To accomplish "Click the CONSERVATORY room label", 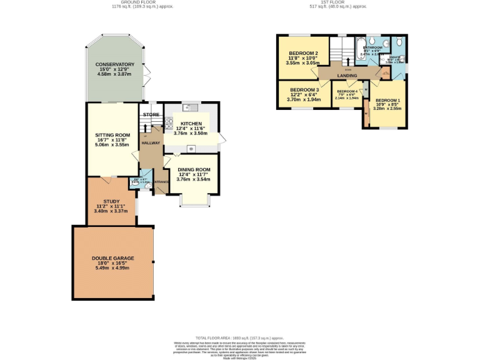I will pyautogui.click(x=115, y=64).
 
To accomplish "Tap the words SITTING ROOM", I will pyautogui.click(x=112, y=135).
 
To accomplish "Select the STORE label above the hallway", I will pyautogui.click(x=151, y=115).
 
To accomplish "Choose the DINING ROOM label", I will pyautogui.click(x=194, y=169).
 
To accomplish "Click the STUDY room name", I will pyautogui.click(x=111, y=201).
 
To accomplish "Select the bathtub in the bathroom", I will pyautogui.click(x=362, y=48).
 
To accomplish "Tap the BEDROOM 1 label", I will pyautogui.click(x=387, y=100).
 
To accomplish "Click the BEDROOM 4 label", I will pyautogui.click(x=347, y=91).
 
